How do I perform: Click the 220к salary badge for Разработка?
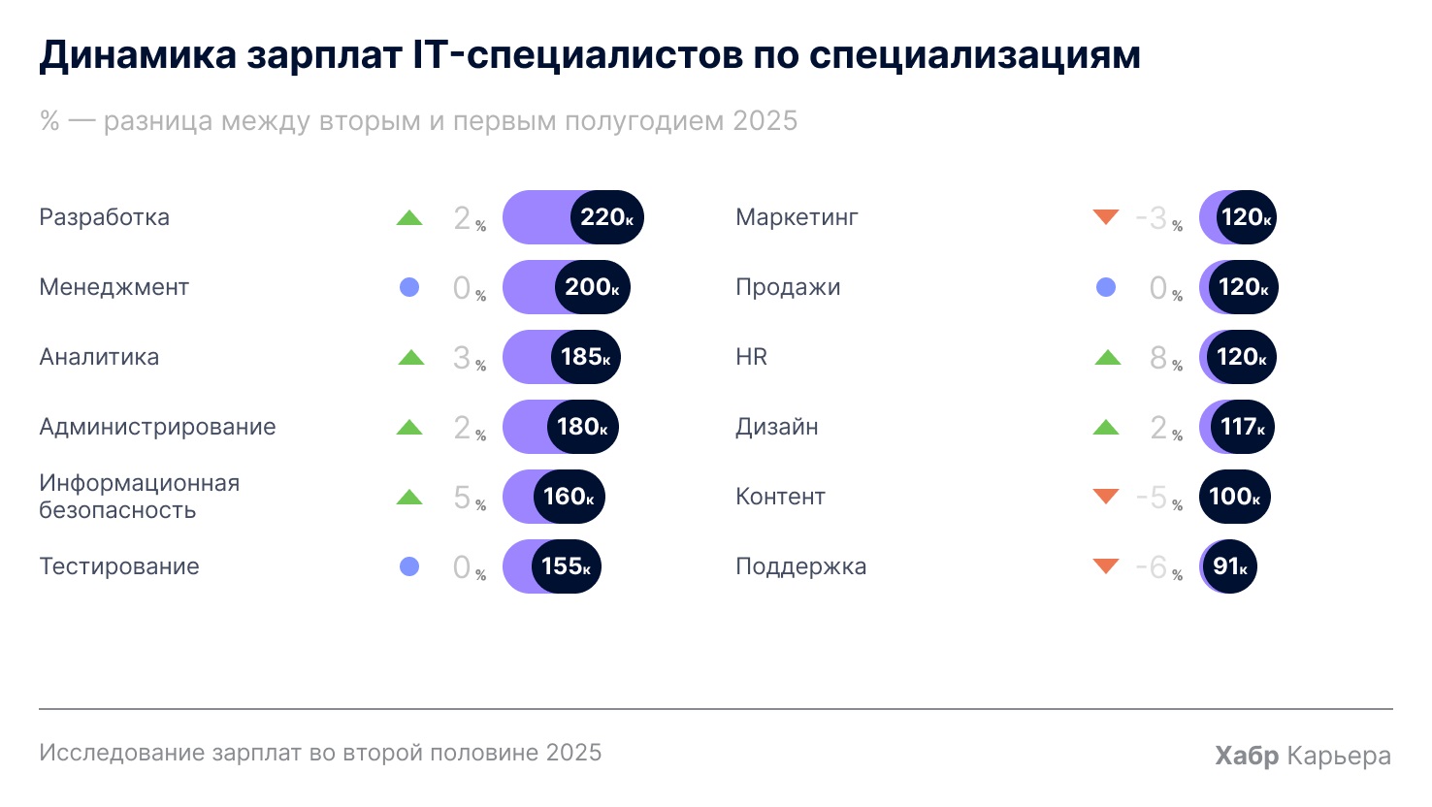(606, 217)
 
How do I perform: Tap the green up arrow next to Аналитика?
(411, 358)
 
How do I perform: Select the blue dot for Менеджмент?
(409, 287)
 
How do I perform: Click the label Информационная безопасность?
(139, 497)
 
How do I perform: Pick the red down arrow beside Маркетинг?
(1106, 216)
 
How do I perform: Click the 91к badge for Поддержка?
(1229, 566)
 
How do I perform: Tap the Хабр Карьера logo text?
(1302, 756)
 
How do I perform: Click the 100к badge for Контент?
(1234, 497)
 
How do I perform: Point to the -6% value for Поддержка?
(1157, 567)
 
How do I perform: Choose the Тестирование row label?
(119, 566)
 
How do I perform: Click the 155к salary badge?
(566, 566)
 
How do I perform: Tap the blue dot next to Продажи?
(1106, 287)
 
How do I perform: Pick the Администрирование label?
(157, 427)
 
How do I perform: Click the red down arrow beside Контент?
(1106, 496)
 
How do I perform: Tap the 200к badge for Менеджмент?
(591, 287)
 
